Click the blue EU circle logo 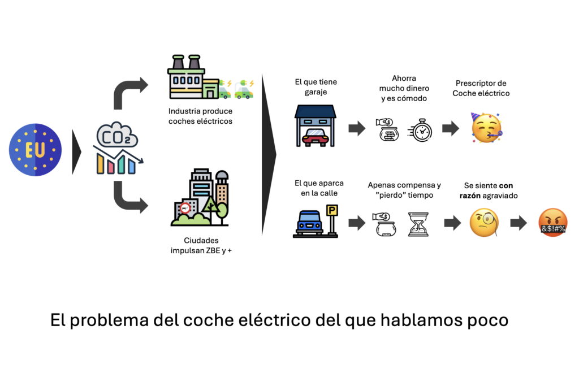(35, 150)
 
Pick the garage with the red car (316, 125)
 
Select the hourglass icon (418, 224)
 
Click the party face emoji (486, 128)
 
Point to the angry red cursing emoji (553, 223)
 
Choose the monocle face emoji (484, 223)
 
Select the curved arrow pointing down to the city (129, 198)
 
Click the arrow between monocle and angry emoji (518, 223)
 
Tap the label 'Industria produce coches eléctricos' (200, 116)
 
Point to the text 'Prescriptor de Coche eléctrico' (481, 88)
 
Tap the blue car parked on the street (309, 222)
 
